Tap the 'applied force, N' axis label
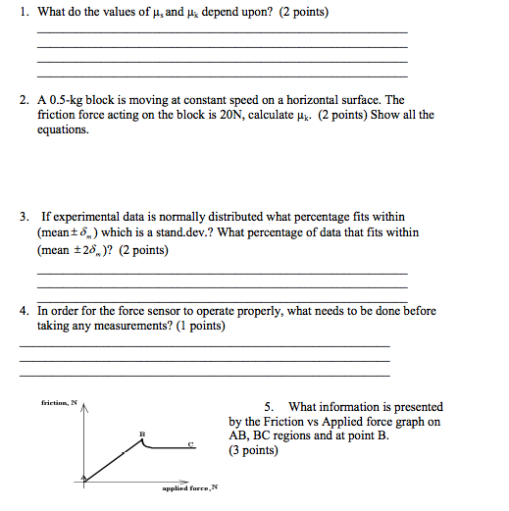tap(189, 487)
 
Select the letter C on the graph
tap(191, 445)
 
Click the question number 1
tap(24, 13)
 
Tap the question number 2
tap(24, 100)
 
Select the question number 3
tap(24, 216)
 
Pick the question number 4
tap(24, 311)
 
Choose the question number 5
tap(269, 406)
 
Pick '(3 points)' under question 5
tap(253, 451)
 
